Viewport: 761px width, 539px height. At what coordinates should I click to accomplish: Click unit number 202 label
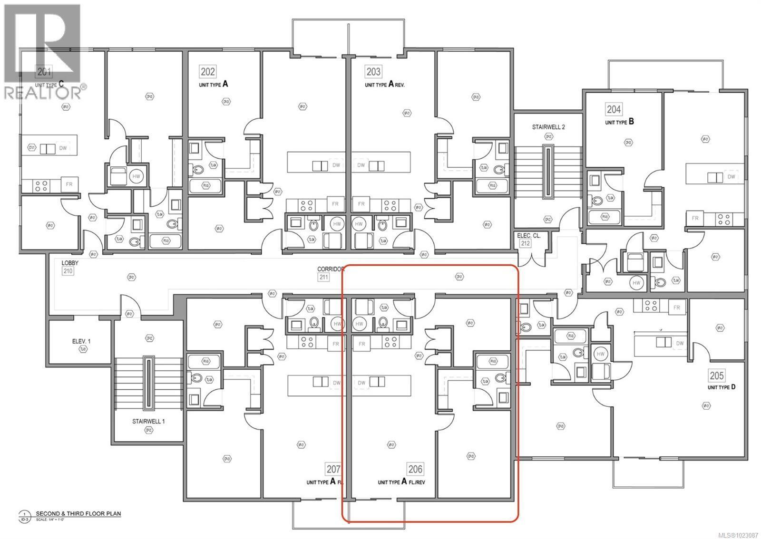coord(208,72)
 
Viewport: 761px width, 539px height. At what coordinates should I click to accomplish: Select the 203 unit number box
coord(373,72)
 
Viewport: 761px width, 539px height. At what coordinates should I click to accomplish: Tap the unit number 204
coord(614,109)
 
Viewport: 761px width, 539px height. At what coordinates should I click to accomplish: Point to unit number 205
coord(717,375)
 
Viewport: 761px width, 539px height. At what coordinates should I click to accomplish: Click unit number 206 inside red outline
coord(415,470)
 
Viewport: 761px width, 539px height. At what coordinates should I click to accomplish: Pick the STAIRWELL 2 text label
coord(548,127)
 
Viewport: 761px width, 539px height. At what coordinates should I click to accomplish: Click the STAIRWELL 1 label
coord(148,421)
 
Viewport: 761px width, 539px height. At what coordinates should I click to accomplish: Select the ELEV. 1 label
coord(78,341)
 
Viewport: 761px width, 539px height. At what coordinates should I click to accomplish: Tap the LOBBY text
coord(70,263)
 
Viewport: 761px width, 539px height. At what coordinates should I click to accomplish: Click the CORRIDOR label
coord(331,269)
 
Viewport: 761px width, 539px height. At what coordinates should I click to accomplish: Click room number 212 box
coord(526,243)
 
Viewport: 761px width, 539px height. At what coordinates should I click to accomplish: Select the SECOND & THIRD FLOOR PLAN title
coord(78,514)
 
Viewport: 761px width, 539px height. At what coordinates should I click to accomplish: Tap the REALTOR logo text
coord(43,93)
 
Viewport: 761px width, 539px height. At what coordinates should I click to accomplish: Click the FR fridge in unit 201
coord(69,184)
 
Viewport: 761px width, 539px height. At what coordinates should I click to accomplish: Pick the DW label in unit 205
coord(680,343)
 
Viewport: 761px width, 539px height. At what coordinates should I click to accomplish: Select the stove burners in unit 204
coord(724,219)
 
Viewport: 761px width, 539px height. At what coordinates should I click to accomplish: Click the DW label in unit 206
coord(361,383)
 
